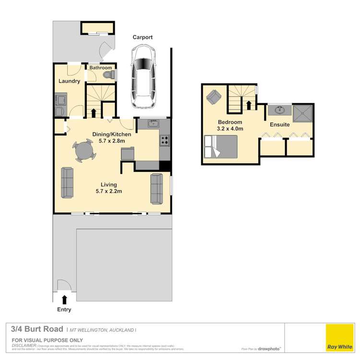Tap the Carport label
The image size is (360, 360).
coord(143,37)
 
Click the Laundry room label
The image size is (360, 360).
coord(69,81)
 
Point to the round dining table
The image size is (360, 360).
coord(84,151)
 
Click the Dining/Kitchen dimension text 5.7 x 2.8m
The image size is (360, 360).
coord(111,141)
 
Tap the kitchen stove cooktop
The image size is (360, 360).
coord(164,141)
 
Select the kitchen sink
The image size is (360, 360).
coord(153,123)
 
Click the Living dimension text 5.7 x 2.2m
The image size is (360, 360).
coord(108,191)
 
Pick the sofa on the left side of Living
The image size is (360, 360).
coord(67,182)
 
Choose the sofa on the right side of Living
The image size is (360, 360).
coord(156,188)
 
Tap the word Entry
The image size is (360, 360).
coord(64,310)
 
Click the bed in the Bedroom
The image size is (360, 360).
coord(221,146)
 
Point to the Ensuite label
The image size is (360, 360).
coord(280,125)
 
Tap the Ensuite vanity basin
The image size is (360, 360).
coord(279,110)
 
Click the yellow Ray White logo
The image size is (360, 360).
coord(340,338)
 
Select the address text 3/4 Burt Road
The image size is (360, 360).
coord(37,329)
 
